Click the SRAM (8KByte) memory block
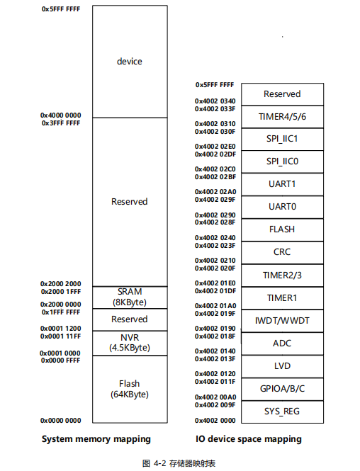(130, 297)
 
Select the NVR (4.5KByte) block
(130, 344)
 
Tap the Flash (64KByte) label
(130, 389)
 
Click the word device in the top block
(130, 62)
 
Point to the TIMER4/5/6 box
(283, 117)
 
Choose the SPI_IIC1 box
(283, 140)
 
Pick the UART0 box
(283, 208)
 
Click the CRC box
(283, 253)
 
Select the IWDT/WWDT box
(283, 321)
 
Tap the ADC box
(283, 344)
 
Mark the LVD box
(283, 366)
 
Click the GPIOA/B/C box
(283, 389)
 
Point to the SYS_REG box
(283, 412)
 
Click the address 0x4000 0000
(61, 115)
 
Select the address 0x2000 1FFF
(61, 292)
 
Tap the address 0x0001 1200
(61, 329)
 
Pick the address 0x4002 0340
(215, 101)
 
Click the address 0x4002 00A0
(215, 397)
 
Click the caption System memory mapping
(96, 439)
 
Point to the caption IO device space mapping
(249, 439)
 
